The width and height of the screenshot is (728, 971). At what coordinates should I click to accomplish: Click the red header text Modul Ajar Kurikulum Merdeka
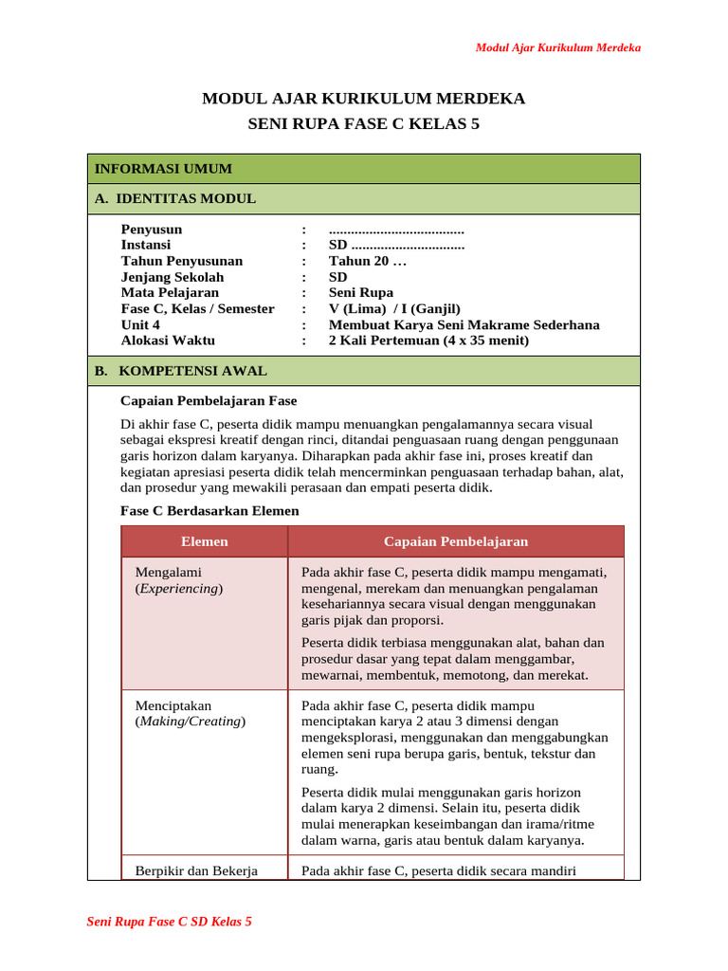pos(557,47)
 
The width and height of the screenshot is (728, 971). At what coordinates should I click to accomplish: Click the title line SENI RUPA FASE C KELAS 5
pos(364,124)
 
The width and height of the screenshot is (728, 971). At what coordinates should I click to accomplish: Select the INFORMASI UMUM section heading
pos(163,169)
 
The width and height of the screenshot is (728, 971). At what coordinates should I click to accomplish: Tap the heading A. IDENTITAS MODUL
pos(175,198)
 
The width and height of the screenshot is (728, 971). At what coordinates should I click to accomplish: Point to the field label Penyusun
pos(152,229)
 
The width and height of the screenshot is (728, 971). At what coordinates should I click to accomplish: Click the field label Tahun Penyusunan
pos(182,261)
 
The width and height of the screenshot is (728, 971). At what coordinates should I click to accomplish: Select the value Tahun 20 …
pos(367,261)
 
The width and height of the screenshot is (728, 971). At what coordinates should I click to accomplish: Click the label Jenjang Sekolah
pos(173,277)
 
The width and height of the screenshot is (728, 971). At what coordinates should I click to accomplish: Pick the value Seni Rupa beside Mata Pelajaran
pos(360,293)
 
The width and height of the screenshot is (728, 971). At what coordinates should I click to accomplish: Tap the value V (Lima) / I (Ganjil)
pos(394,308)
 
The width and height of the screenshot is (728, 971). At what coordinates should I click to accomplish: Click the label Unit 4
pos(140,324)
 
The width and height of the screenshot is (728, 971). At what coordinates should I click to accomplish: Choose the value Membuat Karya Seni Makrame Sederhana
pos(464,324)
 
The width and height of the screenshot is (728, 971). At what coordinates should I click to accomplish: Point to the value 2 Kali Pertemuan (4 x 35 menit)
pos(428,340)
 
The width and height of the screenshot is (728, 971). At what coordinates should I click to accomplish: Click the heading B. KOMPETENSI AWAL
pos(180,371)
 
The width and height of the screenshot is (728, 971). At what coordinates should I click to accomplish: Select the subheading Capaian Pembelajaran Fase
pos(209,401)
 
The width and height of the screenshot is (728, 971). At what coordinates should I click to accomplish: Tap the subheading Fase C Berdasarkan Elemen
pos(209,510)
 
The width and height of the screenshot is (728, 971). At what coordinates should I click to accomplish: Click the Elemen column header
pos(205,541)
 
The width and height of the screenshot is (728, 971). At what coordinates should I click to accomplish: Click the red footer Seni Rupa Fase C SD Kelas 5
pos(169,921)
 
